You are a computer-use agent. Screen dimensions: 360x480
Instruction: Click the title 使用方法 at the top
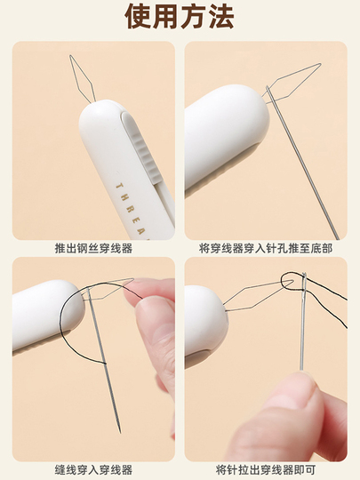point(180,17)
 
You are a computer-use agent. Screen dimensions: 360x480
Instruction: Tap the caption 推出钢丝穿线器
point(93,248)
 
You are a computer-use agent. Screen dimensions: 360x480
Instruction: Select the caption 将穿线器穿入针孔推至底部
point(266,248)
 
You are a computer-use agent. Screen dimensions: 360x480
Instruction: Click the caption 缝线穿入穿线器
point(93,469)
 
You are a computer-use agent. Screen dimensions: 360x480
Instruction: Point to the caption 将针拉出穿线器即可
point(266,469)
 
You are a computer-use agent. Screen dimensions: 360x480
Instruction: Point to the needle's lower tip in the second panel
point(338,238)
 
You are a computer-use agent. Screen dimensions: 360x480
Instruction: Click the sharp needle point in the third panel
point(120,432)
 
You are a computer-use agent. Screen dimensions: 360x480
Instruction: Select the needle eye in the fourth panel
point(304,284)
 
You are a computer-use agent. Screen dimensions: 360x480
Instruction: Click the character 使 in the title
point(138,17)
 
